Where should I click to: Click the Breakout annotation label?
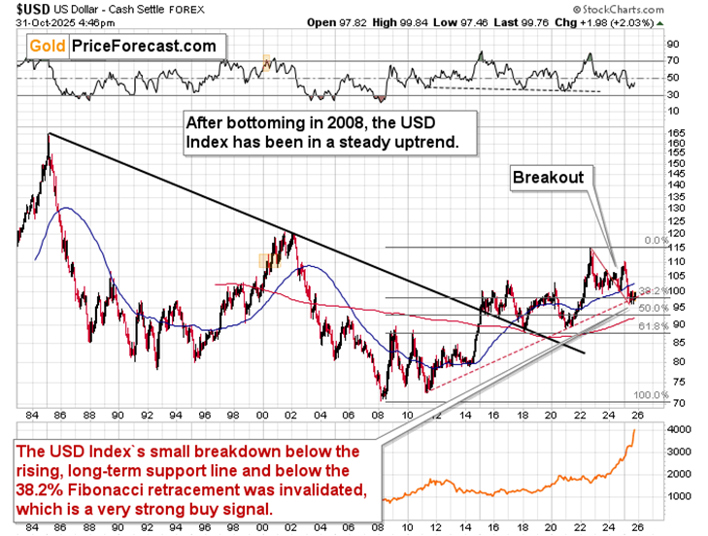(x=549, y=178)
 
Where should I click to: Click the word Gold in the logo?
(x=46, y=45)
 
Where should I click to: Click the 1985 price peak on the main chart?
(x=49, y=134)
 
